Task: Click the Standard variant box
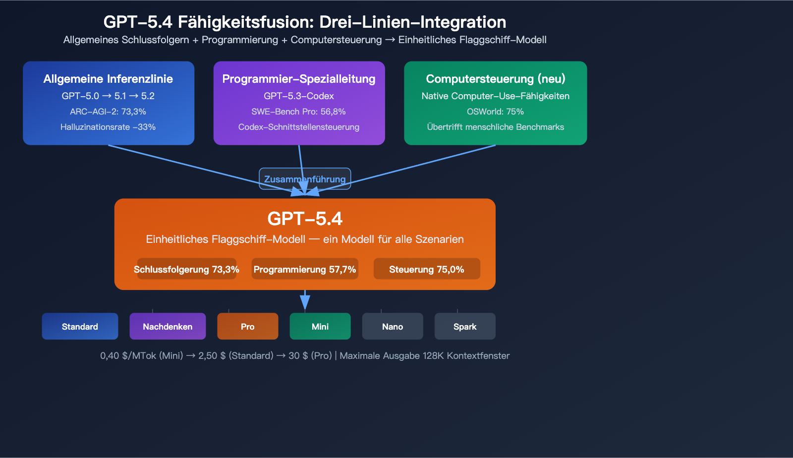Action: (x=80, y=326)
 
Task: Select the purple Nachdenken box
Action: (x=168, y=326)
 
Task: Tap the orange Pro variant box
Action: (x=247, y=326)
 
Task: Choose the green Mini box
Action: (x=320, y=326)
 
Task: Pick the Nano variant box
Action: (x=393, y=326)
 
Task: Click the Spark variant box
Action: (x=465, y=326)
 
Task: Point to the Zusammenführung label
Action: (x=305, y=179)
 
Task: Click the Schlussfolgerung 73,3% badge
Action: (x=186, y=269)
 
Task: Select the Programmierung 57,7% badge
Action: (x=305, y=269)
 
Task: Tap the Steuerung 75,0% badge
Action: (x=427, y=269)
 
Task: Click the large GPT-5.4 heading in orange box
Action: (x=305, y=219)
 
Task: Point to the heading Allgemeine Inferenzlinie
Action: (x=108, y=79)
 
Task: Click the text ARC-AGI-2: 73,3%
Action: (x=108, y=112)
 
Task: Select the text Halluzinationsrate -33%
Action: (x=108, y=127)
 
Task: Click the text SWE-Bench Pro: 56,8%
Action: (x=299, y=112)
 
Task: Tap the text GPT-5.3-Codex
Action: (x=299, y=96)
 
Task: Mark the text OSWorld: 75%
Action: (x=495, y=112)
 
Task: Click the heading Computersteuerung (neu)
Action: (x=495, y=79)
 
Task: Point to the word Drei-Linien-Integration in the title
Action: (x=412, y=22)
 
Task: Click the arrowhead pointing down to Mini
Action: (x=305, y=302)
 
